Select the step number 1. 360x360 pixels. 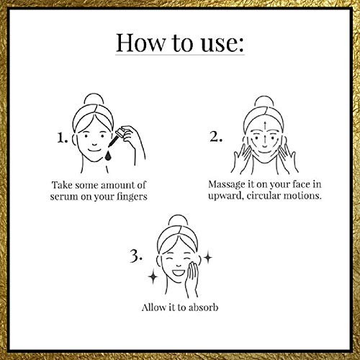[x=62, y=138]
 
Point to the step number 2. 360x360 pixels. [x=216, y=137]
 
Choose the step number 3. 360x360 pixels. [x=136, y=256]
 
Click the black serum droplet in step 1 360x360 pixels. [x=108, y=155]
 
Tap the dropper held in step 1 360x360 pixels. [x=116, y=138]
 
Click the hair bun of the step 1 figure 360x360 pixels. [x=94, y=100]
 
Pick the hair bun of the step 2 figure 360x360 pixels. [x=264, y=102]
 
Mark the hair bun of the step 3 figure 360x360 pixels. [x=177, y=221]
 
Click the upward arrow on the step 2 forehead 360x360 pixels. [x=265, y=127]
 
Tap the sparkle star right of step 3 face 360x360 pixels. [x=208, y=258]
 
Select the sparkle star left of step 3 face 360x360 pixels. [x=153, y=276]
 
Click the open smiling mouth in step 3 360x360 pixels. [x=179, y=273]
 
